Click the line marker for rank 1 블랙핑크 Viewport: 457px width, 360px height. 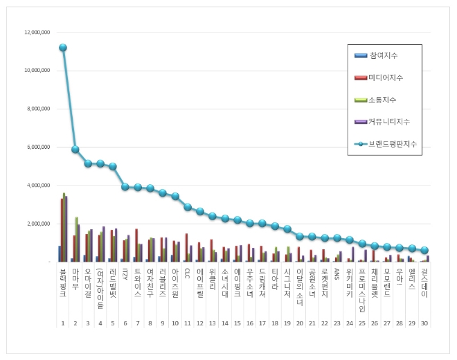coord(63,48)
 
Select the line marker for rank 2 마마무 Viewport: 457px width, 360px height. coord(75,150)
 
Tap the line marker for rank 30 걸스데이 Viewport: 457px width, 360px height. coord(424,251)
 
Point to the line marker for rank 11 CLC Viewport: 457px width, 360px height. coord(188,207)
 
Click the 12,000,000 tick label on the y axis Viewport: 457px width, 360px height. coord(37,33)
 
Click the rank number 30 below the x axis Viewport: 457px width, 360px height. coord(424,323)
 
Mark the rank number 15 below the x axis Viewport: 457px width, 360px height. coord(238,323)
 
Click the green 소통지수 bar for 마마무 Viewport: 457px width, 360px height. coord(77,240)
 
